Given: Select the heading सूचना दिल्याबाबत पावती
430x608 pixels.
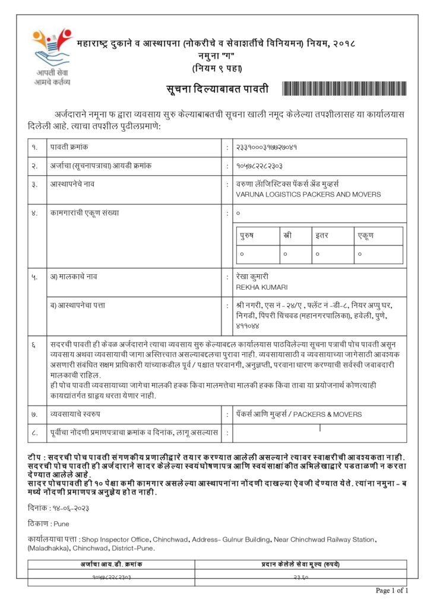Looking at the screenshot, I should pyautogui.click(x=217, y=90).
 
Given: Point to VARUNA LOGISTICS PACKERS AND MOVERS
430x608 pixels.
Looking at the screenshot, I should pyautogui.click(x=308, y=194).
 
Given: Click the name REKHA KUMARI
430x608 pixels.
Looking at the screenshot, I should pyautogui.click(x=262, y=287).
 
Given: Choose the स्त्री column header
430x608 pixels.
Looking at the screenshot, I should pyautogui.click(x=288, y=236).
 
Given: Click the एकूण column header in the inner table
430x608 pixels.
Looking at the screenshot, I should pyautogui.click(x=365, y=236).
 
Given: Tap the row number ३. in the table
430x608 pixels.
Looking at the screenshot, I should pyautogui.click(x=35, y=185).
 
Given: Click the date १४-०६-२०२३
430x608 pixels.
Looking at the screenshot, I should pyautogui.click(x=68, y=509).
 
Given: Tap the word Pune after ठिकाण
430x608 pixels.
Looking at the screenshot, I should pyautogui.click(x=61, y=524).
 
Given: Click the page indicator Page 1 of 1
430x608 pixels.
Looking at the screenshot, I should pyautogui.click(x=392, y=590).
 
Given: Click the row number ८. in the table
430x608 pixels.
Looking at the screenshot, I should pyautogui.click(x=35, y=433).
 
